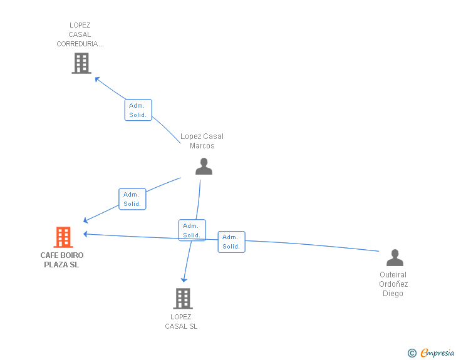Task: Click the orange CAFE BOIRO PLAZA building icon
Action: point(63,237)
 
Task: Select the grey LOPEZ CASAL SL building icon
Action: point(182,299)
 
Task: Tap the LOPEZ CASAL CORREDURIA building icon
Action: point(81,63)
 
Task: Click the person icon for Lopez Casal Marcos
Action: point(204,166)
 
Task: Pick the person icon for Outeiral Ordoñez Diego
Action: point(395,257)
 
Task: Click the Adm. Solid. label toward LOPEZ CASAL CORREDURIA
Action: point(138,110)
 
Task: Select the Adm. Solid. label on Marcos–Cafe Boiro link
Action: point(132,199)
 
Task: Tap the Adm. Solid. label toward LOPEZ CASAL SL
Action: point(192,230)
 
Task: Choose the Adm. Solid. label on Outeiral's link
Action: point(231,242)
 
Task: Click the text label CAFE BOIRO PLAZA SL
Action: point(62,260)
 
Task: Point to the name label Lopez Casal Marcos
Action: point(202,141)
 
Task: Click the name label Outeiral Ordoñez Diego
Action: point(393,284)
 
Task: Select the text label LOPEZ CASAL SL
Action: point(181,321)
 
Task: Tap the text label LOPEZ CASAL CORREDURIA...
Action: point(80,34)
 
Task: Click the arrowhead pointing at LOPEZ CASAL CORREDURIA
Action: point(96,78)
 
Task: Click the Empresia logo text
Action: point(437,353)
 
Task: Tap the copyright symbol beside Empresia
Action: point(412,354)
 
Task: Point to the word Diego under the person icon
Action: point(393,294)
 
